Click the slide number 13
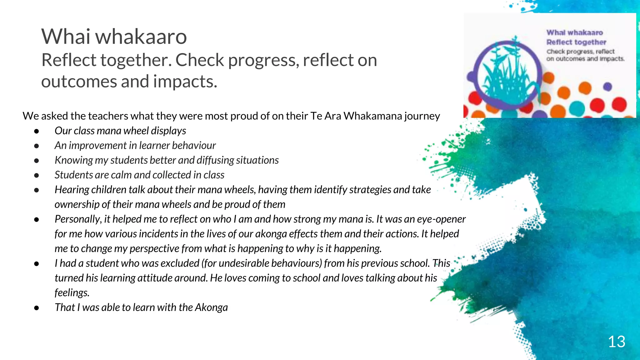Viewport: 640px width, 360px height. [616, 342]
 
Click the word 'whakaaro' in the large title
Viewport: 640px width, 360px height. [141, 37]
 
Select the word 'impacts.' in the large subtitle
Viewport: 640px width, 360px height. [185, 81]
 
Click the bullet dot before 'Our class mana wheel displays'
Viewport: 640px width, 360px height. [37, 131]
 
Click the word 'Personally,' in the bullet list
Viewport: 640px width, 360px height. [78, 219]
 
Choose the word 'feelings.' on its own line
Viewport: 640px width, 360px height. [72, 293]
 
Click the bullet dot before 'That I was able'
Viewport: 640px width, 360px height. [37, 308]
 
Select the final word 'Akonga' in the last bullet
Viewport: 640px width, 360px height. [211, 307]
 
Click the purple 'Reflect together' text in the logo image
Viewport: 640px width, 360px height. [576, 42]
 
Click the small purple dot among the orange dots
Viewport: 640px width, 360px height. [607, 87]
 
